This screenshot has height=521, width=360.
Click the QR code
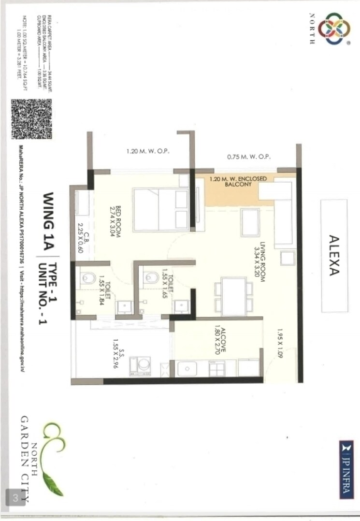31,119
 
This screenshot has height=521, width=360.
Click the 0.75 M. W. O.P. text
249,158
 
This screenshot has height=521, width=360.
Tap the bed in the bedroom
161,209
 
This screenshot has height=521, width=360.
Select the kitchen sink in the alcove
187,369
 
